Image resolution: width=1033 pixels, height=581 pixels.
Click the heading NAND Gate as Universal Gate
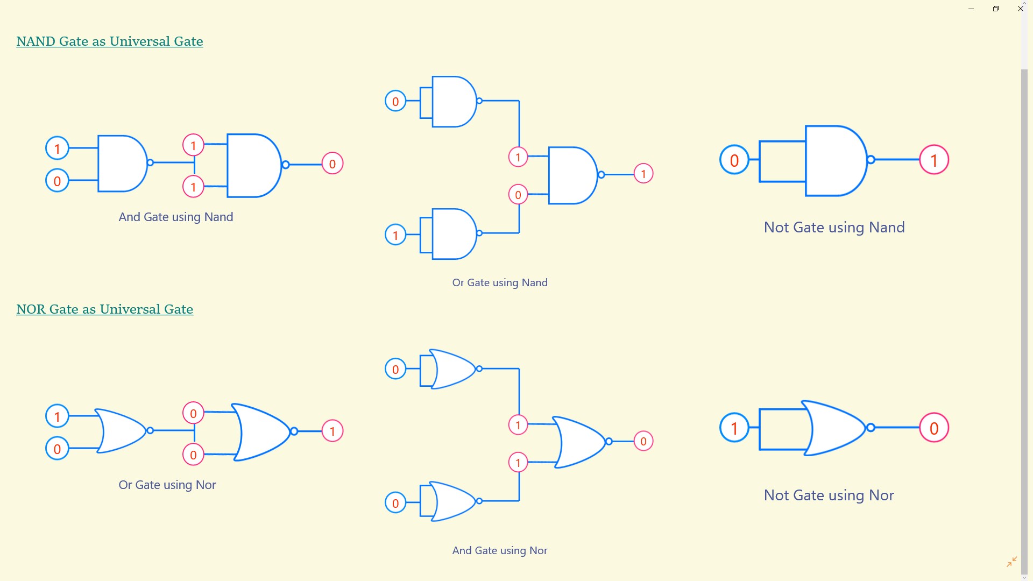pyautogui.click(x=110, y=41)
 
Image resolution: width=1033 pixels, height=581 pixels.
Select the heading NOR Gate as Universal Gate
pyautogui.click(x=105, y=309)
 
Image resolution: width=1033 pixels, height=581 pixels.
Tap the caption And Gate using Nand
pyautogui.click(x=176, y=217)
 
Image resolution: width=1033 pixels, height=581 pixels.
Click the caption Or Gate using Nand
pyautogui.click(x=500, y=282)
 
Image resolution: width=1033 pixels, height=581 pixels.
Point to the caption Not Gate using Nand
pyautogui.click(x=834, y=228)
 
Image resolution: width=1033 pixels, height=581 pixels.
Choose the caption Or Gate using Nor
pyautogui.click(x=167, y=485)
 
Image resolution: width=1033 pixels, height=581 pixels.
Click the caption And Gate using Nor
pyautogui.click(x=500, y=550)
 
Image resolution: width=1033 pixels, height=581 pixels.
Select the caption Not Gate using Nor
pyautogui.click(x=829, y=495)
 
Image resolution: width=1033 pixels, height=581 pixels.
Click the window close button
pyautogui.click(x=1021, y=9)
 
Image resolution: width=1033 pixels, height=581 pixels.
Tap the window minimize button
pyautogui.click(x=971, y=9)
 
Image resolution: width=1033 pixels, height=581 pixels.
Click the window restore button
pyautogui.click(x=996, y=9)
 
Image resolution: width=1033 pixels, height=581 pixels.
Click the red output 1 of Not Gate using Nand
pyautogui.click(x=934, y=160)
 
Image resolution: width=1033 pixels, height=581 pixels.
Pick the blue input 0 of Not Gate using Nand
pyautogui.click(x=734, y=160)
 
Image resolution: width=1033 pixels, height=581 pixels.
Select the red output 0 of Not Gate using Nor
pyautogui.click(x=934, y=428)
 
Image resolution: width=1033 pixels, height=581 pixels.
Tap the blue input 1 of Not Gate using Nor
pyautogui.click(x=734, y=428)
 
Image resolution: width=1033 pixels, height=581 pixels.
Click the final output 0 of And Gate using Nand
pyautogui.click(x=332, y=164)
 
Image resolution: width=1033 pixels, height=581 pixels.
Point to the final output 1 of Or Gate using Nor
pyautogui.click(x=332, y=431)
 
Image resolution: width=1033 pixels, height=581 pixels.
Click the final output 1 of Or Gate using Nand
pyautogui.click(x=643, y=174)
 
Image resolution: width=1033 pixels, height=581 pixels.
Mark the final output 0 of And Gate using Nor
pyautogui.click(x=643, y=441)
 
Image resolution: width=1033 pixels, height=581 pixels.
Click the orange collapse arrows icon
pyautogui.click(x=1011, y=562)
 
